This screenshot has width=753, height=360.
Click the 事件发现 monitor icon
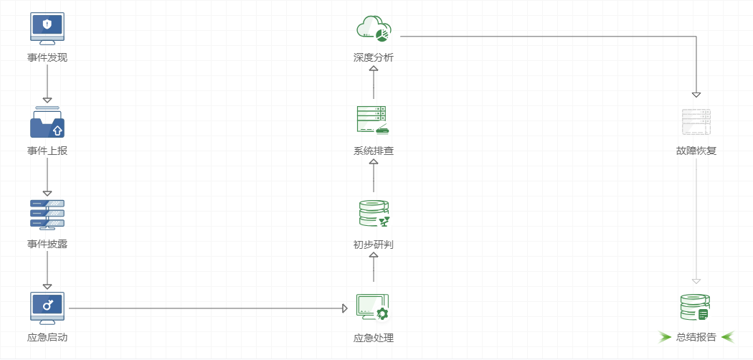(x=47, y=28)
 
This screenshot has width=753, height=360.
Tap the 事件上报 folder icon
(x=47, y=123)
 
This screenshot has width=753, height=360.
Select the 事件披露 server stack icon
(x=47, y=214)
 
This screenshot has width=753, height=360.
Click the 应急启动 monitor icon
(x=47, y=308)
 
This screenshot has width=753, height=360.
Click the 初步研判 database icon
(x=373, y=214)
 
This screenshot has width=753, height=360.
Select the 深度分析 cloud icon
(x=373, y=29)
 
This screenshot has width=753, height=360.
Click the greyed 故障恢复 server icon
(x=696, y=122)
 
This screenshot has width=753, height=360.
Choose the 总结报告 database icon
(x=695, y=308)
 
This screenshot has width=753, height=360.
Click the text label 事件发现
(x=47, y=57)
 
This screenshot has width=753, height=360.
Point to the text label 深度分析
(x=373, y=57)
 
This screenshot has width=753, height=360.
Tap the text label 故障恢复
(x=696, y=151)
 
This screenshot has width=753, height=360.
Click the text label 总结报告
(x=696, y=338)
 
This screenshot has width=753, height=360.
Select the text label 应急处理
(x=373, y=338)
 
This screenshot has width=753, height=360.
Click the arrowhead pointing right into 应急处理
(x=345, y=308)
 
